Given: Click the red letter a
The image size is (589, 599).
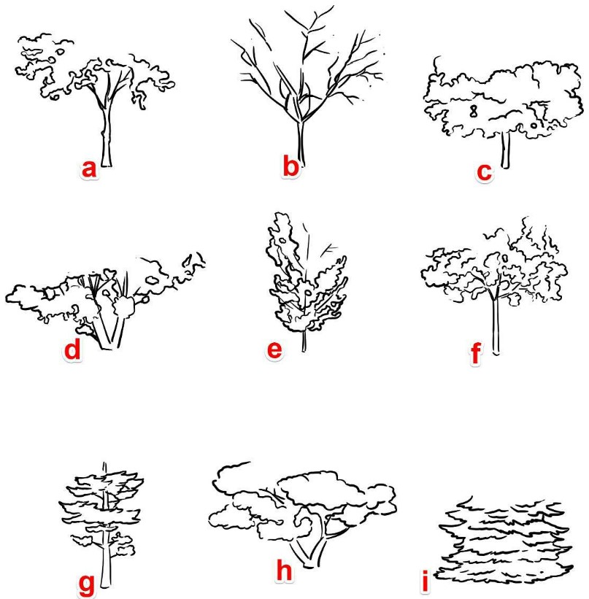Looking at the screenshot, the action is (88, 169).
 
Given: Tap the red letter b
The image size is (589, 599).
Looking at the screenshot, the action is (290, 166).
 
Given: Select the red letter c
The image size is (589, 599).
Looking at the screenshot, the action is (484, 172).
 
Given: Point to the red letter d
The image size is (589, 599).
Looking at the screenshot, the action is (73, 349).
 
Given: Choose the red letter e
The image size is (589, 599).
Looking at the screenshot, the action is (274, 350).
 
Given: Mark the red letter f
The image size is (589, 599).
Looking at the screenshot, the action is (475, 353).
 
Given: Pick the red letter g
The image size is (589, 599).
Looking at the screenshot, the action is (86, 584).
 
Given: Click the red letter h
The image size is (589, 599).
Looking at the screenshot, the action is (284, 570).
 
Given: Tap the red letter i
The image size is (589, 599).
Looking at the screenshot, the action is (424, 581).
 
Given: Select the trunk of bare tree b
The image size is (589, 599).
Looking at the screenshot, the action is (301, 143).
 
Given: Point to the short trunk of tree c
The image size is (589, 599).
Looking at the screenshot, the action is (505, 150).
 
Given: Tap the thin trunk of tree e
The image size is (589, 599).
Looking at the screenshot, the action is (304, 341).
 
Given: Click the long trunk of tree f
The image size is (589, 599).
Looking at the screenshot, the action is (496, 327).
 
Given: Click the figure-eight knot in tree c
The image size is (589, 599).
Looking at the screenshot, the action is (474, 111).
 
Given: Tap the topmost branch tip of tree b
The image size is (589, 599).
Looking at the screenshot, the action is (332, 7).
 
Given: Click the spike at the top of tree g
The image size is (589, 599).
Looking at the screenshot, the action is (104, 468).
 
